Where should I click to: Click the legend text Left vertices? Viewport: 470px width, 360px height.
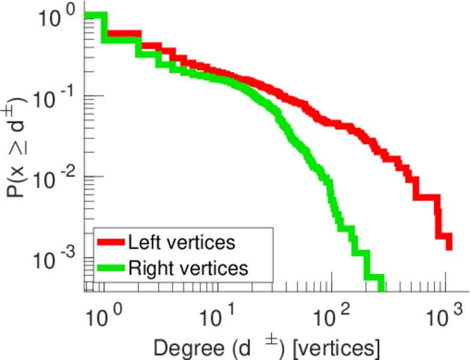(x=182, y=242)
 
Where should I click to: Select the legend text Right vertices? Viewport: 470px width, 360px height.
(x=188, y=268)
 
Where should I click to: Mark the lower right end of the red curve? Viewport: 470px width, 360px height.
(x=448, y=245)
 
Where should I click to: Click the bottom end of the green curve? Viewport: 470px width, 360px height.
(x=380, y=284)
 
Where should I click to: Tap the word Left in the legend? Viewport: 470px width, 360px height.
(x=141, y=242)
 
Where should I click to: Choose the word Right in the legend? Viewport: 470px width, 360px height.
(x=146, y=268)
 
